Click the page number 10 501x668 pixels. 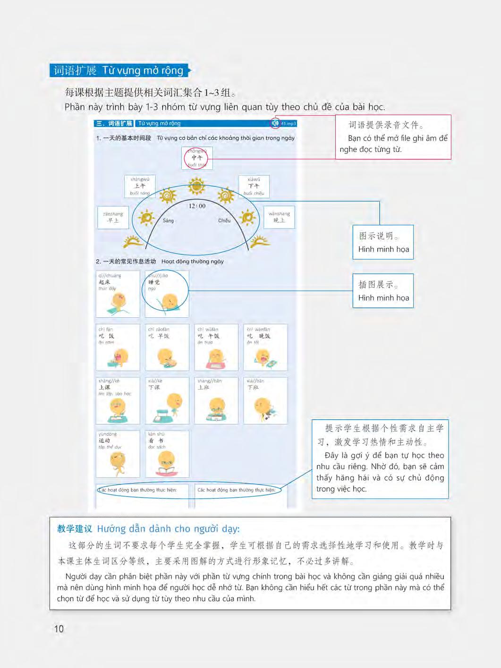(59, 629)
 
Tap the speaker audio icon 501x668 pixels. (275, 123)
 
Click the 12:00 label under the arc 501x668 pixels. (197, 206)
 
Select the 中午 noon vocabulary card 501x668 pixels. (197, 158)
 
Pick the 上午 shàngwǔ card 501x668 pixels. (140, 186)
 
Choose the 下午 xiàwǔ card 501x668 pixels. (254, 186)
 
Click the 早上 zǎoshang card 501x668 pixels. (113, 218)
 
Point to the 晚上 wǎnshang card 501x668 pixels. (279, 217)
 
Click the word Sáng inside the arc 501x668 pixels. (168, 220)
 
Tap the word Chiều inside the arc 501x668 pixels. (224, 220)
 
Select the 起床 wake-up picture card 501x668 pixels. (118, 294)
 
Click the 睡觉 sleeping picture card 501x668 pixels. (167, 294)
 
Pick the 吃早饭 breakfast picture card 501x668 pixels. (167, 347)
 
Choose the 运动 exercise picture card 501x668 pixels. (118, 454)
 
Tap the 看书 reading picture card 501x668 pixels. (167, 454)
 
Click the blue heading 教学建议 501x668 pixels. (75, 529)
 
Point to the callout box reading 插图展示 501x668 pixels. (383, 291)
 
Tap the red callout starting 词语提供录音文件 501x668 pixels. (393, 137)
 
